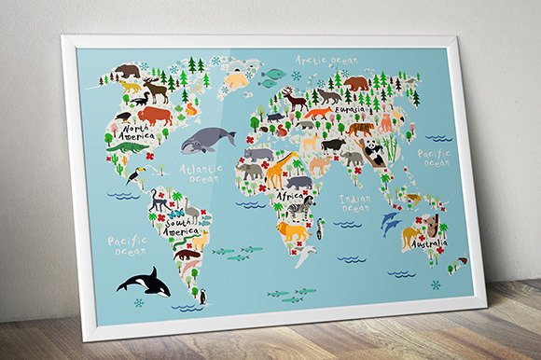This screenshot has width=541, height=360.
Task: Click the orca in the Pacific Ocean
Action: (144, 283)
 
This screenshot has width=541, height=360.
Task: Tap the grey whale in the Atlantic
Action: (207, 141)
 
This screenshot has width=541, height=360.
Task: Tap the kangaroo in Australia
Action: (411, 236)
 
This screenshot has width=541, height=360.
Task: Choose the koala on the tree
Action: (435, 225)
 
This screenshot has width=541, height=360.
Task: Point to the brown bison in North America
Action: (155, 116)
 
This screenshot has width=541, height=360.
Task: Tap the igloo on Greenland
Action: (237, 81)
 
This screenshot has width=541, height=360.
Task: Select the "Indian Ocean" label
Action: (354, 202)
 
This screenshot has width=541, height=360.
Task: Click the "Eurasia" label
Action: (350, 110)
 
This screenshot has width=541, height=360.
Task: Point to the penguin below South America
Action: (201, 298)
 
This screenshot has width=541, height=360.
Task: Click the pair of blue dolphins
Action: (391, 222)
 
